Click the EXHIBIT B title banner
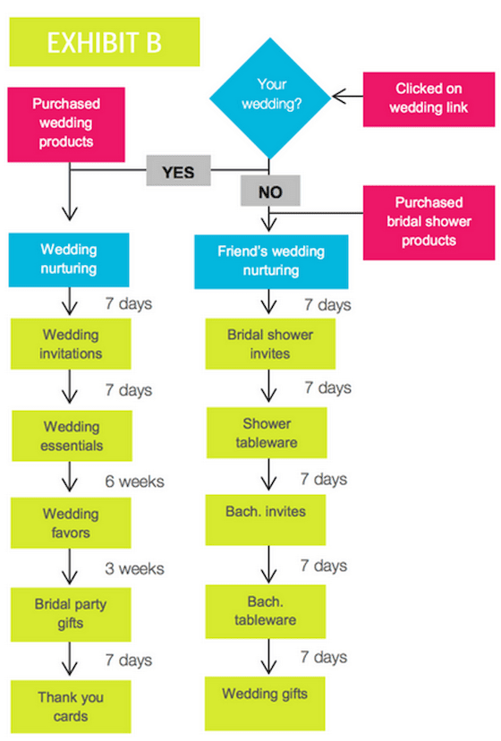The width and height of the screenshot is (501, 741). [105, 42]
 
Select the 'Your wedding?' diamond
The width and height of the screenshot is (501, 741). [270, 98]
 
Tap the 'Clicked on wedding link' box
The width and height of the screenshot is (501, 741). [429, 99]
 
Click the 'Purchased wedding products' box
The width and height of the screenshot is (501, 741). [66, 124]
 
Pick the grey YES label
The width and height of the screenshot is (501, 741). [178, 171]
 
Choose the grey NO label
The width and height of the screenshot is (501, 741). [270, 191]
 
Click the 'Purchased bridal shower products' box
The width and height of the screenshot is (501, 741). [429, 223]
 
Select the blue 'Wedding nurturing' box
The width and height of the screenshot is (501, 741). [69, 260]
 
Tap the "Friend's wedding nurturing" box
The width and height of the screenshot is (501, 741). [271, 261]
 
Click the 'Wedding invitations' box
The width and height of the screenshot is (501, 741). [71, 344]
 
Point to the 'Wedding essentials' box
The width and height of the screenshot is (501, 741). [72, 436]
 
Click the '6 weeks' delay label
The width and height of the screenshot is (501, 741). [135, 481]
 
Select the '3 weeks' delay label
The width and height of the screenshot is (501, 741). [135, 568]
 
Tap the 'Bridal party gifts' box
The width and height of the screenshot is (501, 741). [71, 614]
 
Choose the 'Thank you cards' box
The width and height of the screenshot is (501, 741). [71, 706]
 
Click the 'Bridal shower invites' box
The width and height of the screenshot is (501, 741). [270, 344]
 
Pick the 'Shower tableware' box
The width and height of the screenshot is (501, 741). [267, 433]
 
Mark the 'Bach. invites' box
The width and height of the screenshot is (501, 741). [266, 520]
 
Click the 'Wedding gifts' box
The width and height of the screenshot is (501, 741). [265, 703]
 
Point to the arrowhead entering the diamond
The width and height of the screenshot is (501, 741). [337, 97]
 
